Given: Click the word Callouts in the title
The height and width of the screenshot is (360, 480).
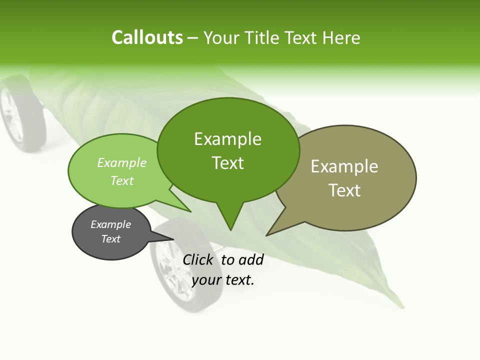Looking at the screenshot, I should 147,37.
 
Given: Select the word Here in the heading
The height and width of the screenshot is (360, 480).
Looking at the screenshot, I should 341,37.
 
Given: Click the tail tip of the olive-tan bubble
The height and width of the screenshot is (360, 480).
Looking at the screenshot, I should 267,235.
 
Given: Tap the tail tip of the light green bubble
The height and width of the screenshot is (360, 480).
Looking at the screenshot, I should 190,211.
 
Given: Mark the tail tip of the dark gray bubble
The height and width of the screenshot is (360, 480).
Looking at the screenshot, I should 173,237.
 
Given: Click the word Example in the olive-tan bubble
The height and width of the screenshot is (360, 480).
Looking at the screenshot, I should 344,166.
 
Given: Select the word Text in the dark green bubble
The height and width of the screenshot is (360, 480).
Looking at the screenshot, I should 228,162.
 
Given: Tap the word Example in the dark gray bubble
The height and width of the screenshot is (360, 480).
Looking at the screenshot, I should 110,224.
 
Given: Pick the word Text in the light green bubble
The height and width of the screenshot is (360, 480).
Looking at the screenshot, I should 121,180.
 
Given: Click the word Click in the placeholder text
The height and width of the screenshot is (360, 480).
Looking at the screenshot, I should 198,259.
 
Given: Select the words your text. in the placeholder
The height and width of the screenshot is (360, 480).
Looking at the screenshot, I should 223,280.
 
